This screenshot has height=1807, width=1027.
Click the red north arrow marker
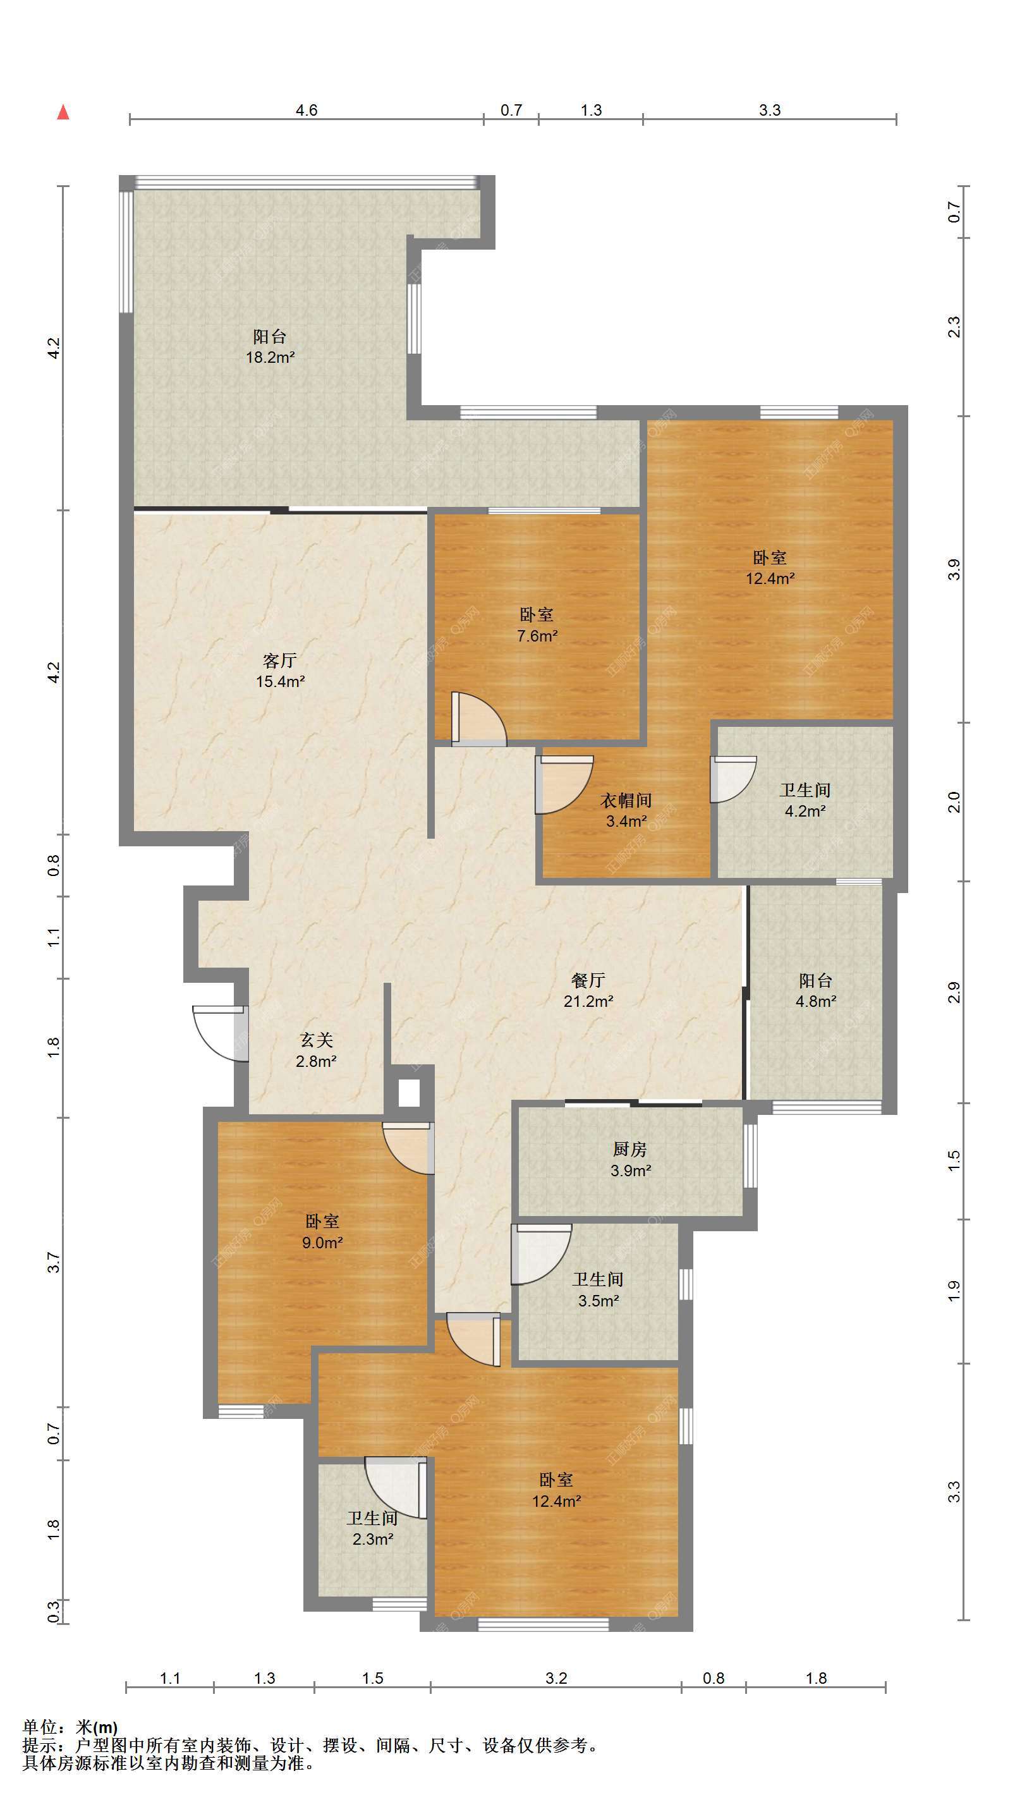tap(63, 112)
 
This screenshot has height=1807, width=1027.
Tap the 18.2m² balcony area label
tap(270, 357)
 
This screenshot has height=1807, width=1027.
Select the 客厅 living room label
tap(280, 660)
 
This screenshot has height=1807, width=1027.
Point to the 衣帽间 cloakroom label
tap(626, 801)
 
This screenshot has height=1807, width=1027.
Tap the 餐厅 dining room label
tap(588, 980)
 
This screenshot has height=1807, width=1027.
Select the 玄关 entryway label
tap(316, 1040)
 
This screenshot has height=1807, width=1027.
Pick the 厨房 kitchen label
tap(630, 1149)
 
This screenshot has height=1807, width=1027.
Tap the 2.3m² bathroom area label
tap(373, 1539)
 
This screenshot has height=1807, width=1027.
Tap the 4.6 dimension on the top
tap(307, 110)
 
